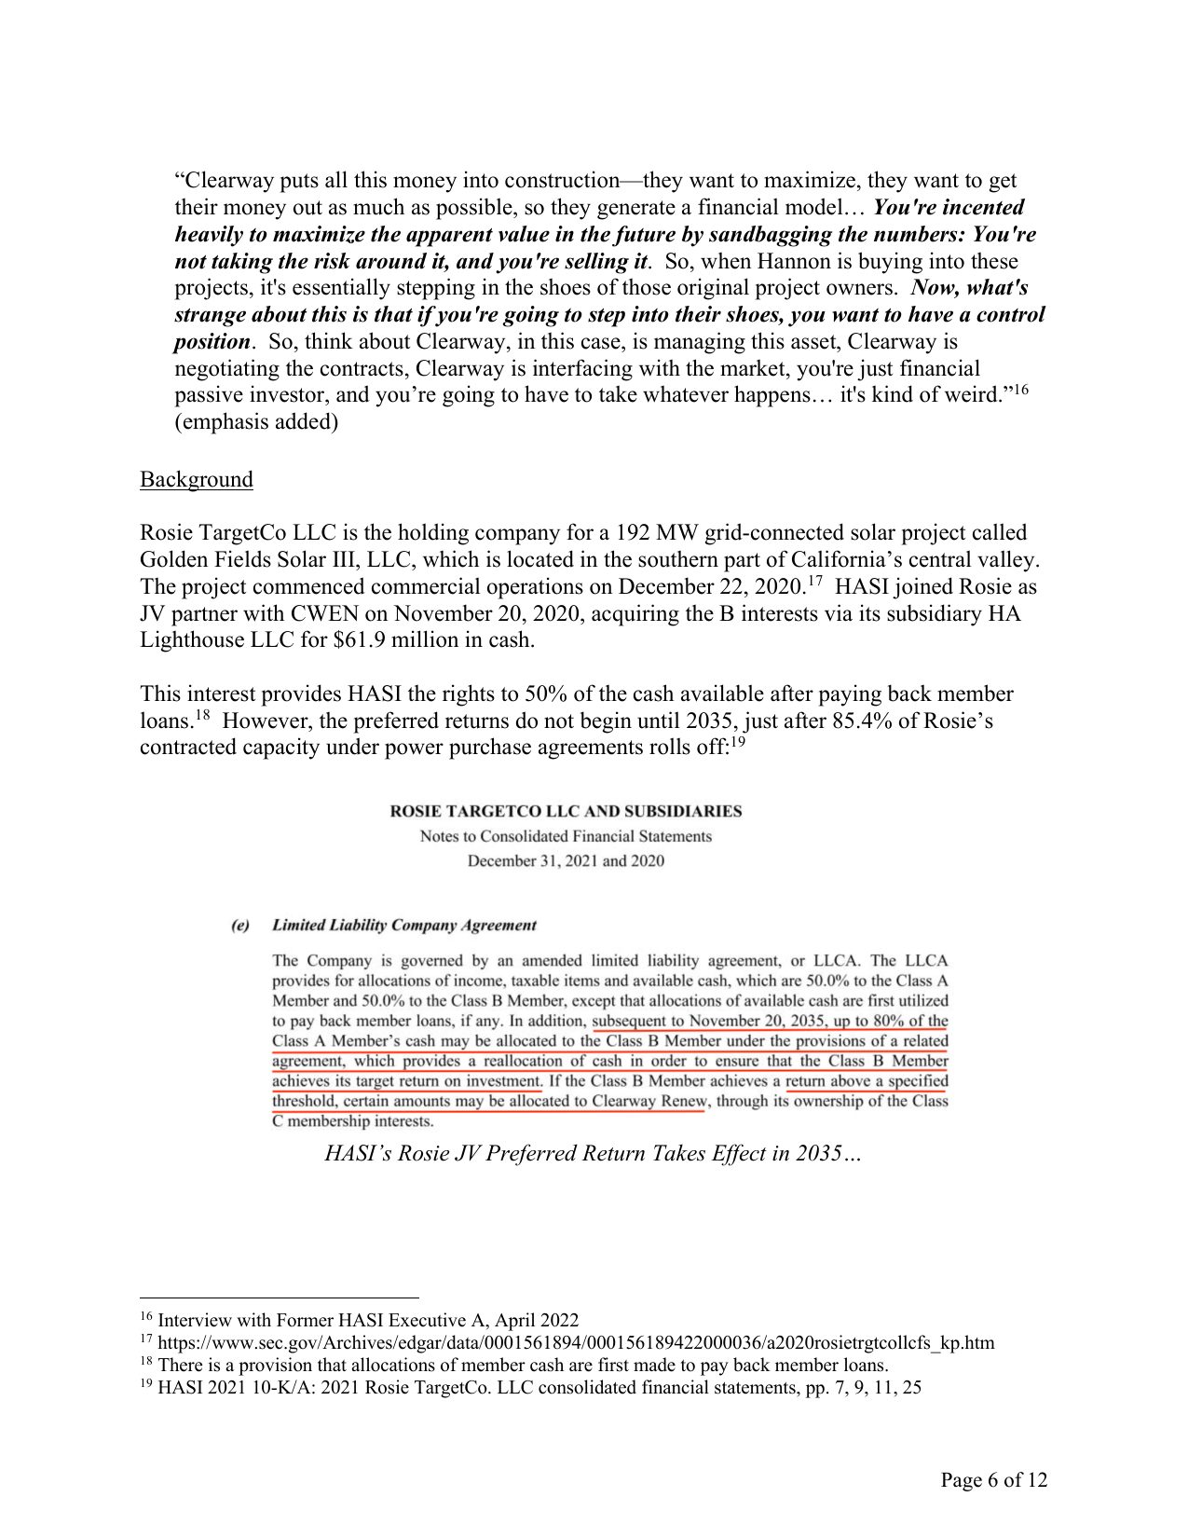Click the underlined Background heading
[x=196, y=479]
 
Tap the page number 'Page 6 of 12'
[x=993, y=1479]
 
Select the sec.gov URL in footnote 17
[x=576, y=1343]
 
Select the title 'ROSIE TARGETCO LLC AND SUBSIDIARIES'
[x=566, y=811]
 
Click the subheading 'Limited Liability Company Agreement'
[x=403, y=925]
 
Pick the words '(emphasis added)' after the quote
[x=256, y=421]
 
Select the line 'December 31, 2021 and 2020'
[x=566, y=860]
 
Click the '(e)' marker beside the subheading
[x=240, y=925]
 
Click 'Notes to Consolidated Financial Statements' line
[x=566, y=836]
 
